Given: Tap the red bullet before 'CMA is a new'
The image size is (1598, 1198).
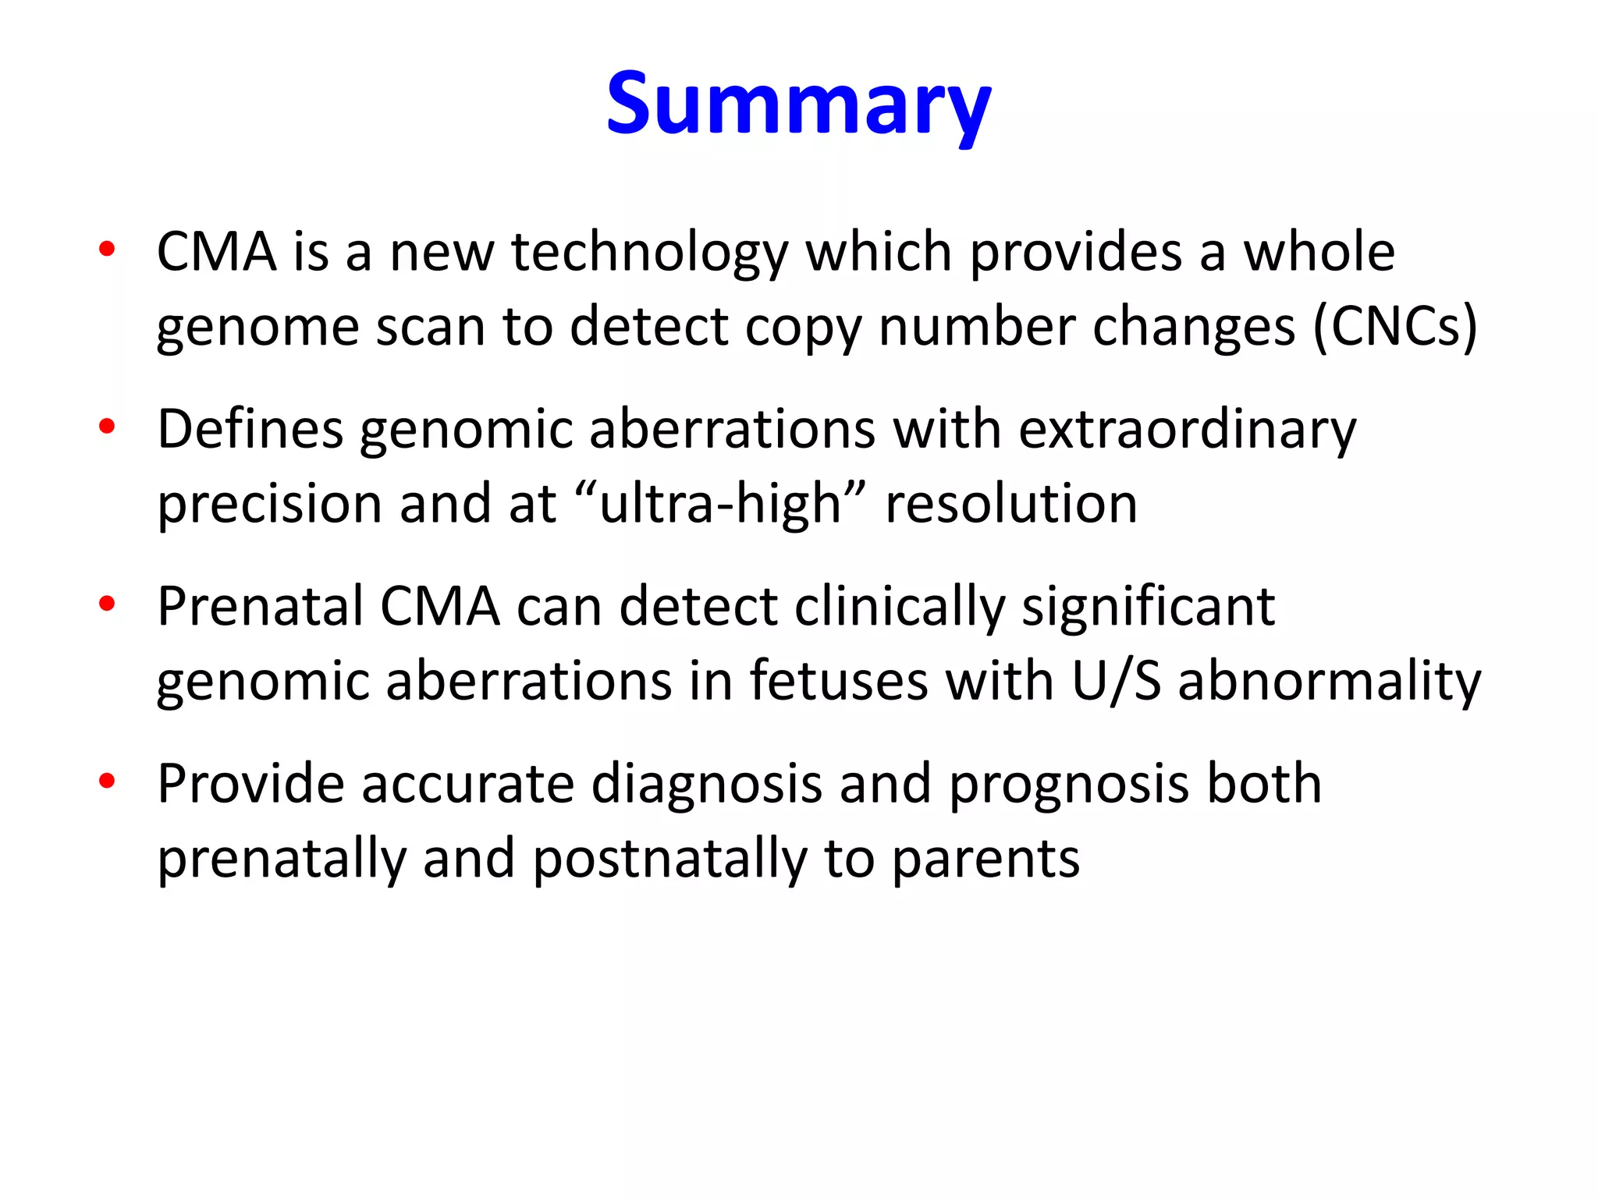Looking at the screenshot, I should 107,250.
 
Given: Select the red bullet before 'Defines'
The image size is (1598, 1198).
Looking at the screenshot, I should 107,427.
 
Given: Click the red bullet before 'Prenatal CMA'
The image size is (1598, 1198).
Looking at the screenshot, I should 107,604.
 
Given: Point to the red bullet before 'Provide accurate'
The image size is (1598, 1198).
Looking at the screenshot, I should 107,781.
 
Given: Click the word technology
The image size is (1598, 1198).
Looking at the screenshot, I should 649,253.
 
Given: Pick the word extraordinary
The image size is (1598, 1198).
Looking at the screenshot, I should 1188,431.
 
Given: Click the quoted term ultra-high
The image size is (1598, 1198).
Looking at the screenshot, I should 720,503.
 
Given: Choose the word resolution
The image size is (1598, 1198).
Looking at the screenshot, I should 1010,503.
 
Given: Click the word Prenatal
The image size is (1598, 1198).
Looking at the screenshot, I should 260,606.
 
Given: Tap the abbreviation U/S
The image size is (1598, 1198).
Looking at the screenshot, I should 1116,680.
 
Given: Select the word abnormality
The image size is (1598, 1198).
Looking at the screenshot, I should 1329,682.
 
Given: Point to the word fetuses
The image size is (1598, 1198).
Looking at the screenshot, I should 839,680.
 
